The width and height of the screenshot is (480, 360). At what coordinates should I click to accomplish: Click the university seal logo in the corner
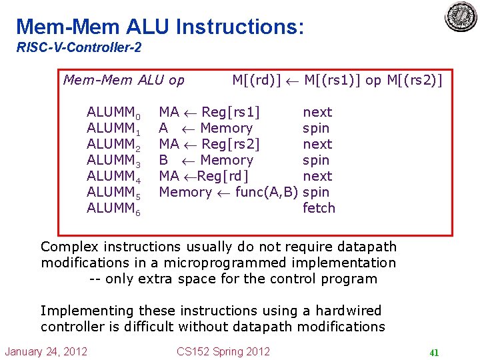[461, 17]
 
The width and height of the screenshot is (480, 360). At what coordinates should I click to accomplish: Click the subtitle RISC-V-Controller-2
[79, 48]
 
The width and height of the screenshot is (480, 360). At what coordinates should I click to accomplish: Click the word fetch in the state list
[319, 208]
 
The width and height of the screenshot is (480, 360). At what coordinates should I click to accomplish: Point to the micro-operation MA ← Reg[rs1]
[209, 112]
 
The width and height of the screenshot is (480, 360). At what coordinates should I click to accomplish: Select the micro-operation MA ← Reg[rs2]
[209, 144]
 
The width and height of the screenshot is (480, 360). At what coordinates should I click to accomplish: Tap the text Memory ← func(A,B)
[228, 192]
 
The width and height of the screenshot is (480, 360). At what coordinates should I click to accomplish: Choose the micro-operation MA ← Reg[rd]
[203, 176]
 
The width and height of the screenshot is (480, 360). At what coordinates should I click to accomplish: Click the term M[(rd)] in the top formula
[257, 81]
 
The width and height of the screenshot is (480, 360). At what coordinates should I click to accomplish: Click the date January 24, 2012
[46, 351]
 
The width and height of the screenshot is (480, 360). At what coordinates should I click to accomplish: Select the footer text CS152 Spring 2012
[223, 351]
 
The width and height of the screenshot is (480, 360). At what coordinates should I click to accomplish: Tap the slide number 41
[433, 353]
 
